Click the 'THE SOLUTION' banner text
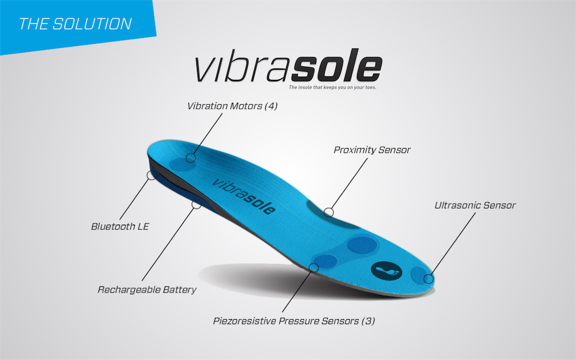(75, 24)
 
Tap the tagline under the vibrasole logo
(332, 88)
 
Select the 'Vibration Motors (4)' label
(232, 106)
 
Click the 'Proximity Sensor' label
(372, 150)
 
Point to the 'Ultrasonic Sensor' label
(475, 204)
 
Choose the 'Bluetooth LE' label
(120, 226)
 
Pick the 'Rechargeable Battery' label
(147, 289)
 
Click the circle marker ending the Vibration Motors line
(191, 157)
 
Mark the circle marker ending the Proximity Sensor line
(328, 212)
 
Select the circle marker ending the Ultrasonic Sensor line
(428, 279)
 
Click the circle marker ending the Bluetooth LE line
(151, 175)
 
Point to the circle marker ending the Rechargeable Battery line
(196, 204)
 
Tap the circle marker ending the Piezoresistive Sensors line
(314, 268)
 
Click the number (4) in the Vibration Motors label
(270, 106)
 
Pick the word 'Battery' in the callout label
(179, 289)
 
